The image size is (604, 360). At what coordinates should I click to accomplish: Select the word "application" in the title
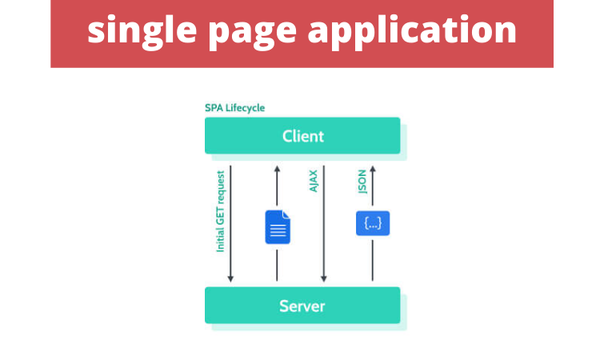point(413,31)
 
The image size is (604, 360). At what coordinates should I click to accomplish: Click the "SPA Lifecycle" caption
point(235,108)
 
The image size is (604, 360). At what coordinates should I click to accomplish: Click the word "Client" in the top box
point(303,135)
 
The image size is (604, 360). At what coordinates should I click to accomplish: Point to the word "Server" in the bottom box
point(302,306)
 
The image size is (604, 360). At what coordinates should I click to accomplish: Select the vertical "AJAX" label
point(314,181)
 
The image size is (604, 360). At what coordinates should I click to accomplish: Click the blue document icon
point(278,226)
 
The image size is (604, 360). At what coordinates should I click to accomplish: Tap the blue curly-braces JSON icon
point(372,223)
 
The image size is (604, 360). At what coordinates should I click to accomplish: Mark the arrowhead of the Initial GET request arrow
point(230,278)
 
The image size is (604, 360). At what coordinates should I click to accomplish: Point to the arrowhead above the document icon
point(277,170)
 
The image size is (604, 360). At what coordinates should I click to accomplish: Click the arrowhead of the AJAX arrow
point(324,278)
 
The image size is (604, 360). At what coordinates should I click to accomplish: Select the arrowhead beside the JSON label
point(373,170)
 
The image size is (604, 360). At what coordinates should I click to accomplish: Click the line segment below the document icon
point(277,263)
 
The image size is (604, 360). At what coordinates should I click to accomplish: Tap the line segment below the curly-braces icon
point(373,260)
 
